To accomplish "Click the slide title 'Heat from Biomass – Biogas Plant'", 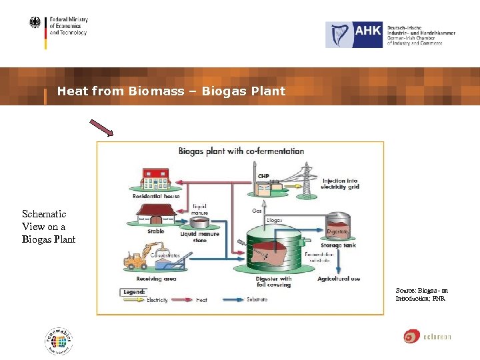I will click(x=171, y=91).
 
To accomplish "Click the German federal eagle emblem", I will click(x=35, y=23).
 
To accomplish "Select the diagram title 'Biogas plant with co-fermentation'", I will click(x=241, y=151).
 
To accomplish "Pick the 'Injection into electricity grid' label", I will click(x=341, y=184).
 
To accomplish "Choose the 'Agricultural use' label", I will click(x=339, y=278).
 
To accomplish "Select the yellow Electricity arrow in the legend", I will click(x=134, y=300).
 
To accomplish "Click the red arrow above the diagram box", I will click(x=102, y=127).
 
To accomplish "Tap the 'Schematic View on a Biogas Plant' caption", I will click(x=49, y=227).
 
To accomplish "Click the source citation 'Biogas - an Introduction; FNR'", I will click(x=421, y=295).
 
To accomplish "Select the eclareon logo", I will click(x=427, y=337).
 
